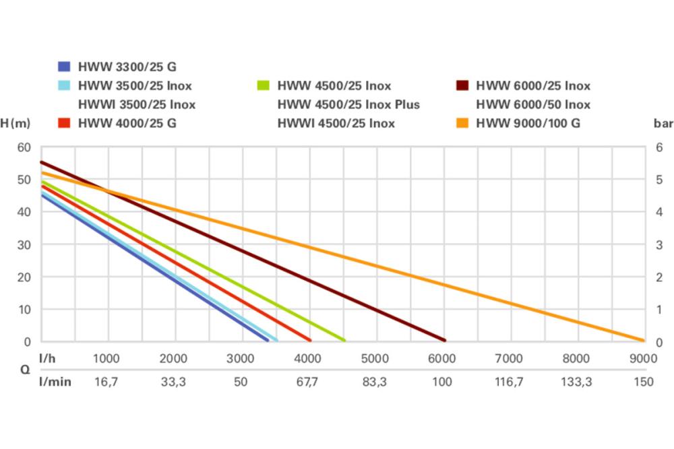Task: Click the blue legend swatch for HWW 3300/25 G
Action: (x=64, y=67)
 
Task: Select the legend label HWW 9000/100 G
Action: (x=528, y=123)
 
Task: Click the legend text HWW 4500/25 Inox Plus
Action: (x=348, y=104)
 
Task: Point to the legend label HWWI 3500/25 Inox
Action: (x=137, y=104)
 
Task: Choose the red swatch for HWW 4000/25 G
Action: (x=64, y=123)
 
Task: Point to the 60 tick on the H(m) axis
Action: (x=24, y=147)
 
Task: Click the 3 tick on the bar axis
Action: (x=660, y=245)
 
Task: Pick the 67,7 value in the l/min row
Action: (x=307, y=382)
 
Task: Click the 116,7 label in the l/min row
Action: (x=509, y=382)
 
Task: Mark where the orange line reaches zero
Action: (x=642, y=341)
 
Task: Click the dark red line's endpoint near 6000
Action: (x=444, y=340)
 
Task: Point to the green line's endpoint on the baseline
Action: (x=344, y=340)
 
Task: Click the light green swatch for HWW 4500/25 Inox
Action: (x=264, y=85)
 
